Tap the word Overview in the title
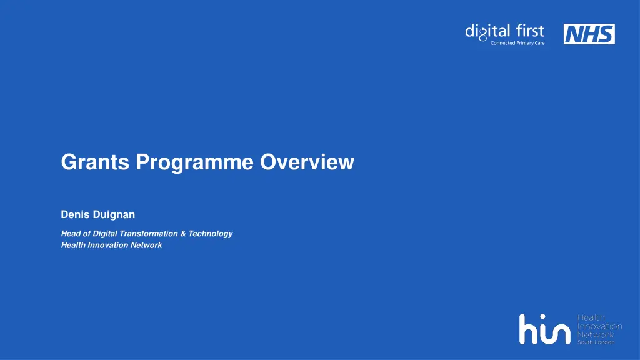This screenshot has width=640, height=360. [307, 162]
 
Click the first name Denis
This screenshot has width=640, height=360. [74, 214]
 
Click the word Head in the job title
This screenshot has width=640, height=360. [71, 234]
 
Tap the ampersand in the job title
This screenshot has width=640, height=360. [183, 234]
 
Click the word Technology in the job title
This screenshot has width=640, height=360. [211, 234]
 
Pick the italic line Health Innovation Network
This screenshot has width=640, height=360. [111, 246]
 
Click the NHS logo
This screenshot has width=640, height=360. [589, 34]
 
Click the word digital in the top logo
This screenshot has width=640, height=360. [486, 31]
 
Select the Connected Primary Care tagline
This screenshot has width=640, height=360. [517, 43]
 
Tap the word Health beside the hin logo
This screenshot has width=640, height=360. [590, 318]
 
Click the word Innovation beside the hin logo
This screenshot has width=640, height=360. [599, 326]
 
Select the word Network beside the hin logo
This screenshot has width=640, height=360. [594, 334]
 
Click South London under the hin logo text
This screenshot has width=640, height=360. [595, 342]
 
